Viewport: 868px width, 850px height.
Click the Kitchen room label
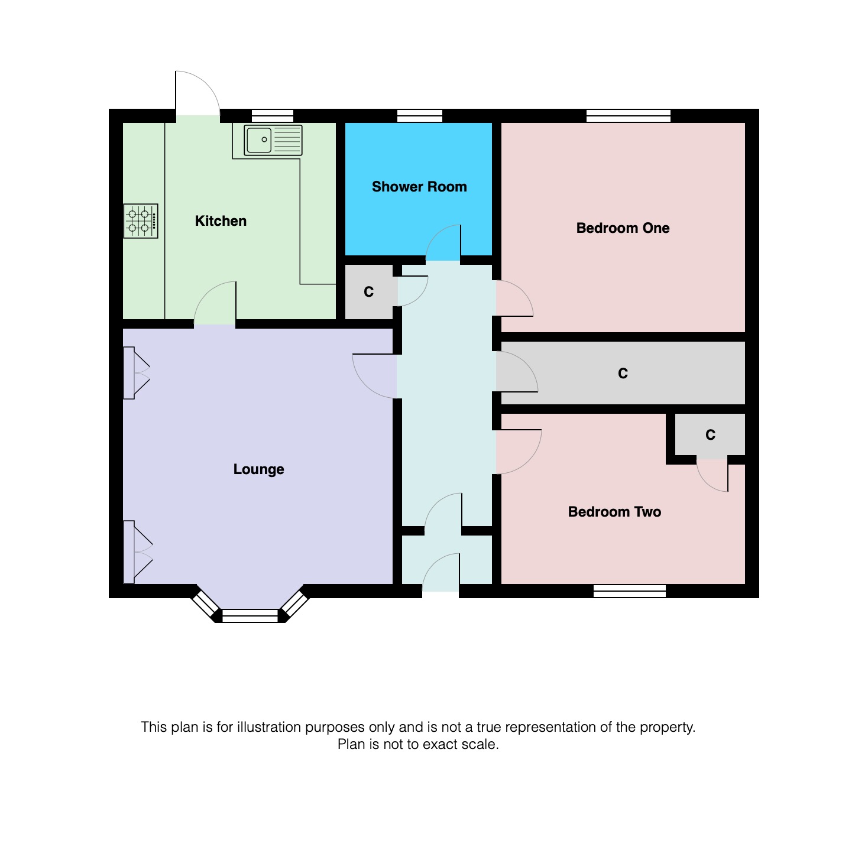click(221, 221)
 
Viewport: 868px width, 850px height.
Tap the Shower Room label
click(419, 187)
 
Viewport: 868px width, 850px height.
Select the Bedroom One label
click(623, 228)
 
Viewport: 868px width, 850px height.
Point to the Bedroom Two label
click(614, 512)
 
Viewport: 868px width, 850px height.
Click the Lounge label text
click(258, 469)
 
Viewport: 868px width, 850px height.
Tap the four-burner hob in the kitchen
click(141, 221)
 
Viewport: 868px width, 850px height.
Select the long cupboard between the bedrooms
click(622, 373)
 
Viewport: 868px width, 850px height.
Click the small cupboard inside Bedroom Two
click(710, 435)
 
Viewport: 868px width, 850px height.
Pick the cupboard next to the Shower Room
click(369, 292)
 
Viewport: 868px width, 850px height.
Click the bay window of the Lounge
click(250, 615)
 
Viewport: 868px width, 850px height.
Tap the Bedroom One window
click(628, 116)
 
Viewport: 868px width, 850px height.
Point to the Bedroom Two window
click(629, 591)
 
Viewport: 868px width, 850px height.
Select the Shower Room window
click(419, 116)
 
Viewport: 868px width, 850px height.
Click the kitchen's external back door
click(197, 95)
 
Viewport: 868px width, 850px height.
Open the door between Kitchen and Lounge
click(216, 304)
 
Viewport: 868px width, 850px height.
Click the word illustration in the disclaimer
click(269, 727)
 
